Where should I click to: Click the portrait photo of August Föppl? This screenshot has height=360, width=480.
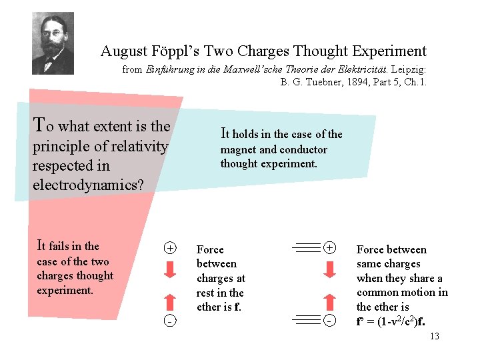[x=53, y=43]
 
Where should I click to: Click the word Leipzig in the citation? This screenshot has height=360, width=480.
[x=410, y=69]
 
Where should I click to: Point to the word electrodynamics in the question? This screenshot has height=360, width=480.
[x=88, y=185]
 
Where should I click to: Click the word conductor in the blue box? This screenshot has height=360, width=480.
[x=303, y=150]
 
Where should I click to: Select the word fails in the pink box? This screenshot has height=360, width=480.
[x=65, y=246]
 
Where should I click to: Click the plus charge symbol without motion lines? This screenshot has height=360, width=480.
[x=171, y=249]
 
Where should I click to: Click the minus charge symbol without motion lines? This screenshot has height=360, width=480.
[x=171, y=321]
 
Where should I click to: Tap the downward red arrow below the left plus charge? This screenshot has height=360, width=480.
[x=171, y=269]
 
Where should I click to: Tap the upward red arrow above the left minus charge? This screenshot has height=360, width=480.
[x=171, y=302]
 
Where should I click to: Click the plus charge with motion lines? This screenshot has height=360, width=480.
[x=329, y=248]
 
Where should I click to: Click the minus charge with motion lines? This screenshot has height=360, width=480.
[x=329, y=321]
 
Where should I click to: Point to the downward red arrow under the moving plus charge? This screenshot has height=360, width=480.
[x=329, y=269]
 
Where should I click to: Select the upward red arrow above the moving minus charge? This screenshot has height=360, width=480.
[x=329, y=301]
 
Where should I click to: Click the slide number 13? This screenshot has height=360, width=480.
[x=435, y=337]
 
